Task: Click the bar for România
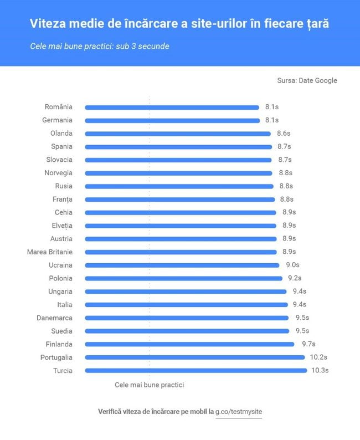pos(172,108)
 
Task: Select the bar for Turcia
pos(196,371)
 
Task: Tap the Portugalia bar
pos(194,357)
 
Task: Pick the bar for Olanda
pos(177,134)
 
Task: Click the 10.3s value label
pos(321,371)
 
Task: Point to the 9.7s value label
pos(308,344)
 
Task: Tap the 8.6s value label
pos(284,134)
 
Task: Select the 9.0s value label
pos(292,265)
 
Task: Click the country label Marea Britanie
pos(49,252)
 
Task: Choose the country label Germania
pos(57,120)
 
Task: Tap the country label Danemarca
pos(54,318)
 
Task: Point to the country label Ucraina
pos(60,265)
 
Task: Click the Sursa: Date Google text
pos(307,80)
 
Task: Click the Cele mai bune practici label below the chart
pos(149,385)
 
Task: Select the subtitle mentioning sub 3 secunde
pos(100,46)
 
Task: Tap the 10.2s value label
pos(318,357)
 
